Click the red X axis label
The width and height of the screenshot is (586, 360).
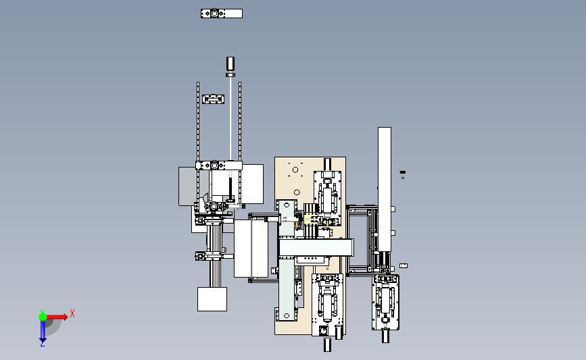(x=72, y=313)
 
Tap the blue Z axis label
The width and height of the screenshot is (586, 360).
(x=42, y=344)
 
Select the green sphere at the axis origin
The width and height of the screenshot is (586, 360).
(x=43, y=317)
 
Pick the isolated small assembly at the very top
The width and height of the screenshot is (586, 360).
(x=222, y=14)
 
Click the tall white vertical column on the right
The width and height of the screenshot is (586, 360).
(x=385, y=189)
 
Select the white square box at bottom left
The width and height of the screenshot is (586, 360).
(x=212, y=299)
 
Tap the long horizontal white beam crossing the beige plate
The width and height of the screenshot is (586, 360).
(x=316, y=248)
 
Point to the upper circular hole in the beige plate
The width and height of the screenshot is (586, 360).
(x=295, y=170)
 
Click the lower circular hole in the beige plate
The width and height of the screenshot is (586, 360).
(x=297, y=192)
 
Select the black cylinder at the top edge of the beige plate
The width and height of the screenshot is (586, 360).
(x=327, y=164)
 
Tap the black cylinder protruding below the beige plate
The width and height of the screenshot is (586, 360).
(x=327, y=344)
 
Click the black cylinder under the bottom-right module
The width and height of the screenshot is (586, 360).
(x=386, y=336)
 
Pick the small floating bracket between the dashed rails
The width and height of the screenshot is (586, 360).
(x=214, y=99)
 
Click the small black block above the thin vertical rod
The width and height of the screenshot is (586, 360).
(x=230, y=63)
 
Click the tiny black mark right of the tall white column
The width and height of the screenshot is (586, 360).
(x=403, y=172)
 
